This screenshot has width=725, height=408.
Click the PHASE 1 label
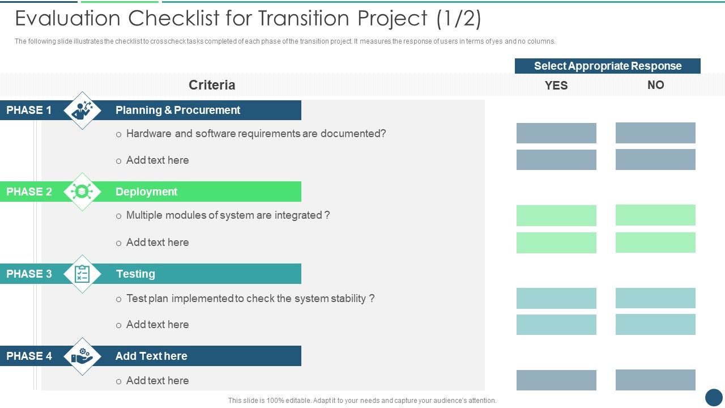tap(29, 110)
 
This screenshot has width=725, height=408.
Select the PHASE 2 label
tap(29, 192)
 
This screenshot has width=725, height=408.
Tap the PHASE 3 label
tap(29, 274)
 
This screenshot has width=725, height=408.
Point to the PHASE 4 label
tap(29, 356)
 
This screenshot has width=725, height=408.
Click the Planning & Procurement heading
tap(178, 110)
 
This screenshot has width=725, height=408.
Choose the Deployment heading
tap(146, 192)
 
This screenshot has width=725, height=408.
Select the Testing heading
tap(135, 274)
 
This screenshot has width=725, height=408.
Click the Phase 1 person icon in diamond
tap(83, 110)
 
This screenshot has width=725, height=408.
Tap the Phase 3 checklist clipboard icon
tap(83, 274)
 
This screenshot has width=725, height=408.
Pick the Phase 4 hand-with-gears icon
tap(83, 356)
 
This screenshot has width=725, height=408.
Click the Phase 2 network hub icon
tap(83, 192)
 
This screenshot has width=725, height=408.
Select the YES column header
tap(556, 85)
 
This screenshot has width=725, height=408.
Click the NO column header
tap(655, 85)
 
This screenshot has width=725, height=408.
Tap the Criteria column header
tap(212, 85)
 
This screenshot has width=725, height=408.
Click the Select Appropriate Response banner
tap(607, 66)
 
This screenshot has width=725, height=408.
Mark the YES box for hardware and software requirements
tap(556, 133)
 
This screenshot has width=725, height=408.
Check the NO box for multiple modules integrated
tap(655, 215)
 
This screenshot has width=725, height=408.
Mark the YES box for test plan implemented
tap(556, 298)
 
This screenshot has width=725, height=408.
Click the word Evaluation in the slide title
tap(69, 19)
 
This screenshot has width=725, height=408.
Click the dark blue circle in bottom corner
tap(714, 397)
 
